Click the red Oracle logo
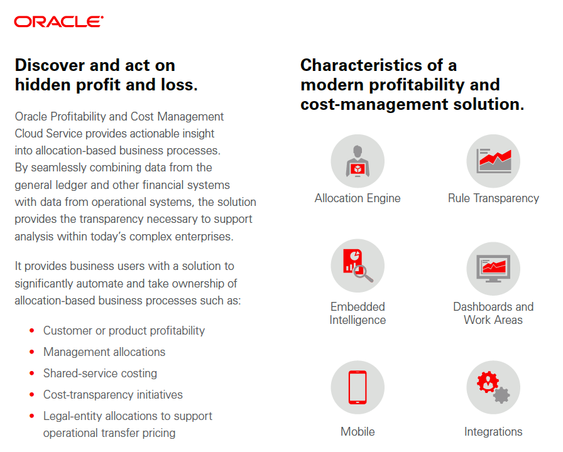59,21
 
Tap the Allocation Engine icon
358,161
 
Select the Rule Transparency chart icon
493,161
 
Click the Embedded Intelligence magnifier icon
358,266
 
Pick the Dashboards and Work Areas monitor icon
493,269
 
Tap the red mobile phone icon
358,387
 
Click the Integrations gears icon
493,387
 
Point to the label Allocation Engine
358,198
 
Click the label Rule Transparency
493,198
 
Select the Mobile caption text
358,431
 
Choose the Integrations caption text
493,432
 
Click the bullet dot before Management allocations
32,352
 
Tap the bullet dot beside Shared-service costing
32,374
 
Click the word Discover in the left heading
50,65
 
